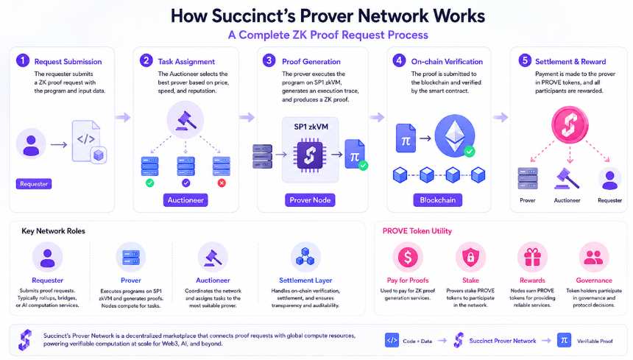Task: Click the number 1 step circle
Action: [x=23, y=61]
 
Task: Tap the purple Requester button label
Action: [x=34, y=184]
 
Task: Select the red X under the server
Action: [x=222, y=183]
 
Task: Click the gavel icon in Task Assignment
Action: [x=185, y=120]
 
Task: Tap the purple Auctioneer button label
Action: [x=185, y=200]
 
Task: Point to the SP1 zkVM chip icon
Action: [x=310, y=155]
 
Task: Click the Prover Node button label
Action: [x=310, y=200]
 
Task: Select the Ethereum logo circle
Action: [x=455, y=136]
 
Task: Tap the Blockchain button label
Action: [x=438, y=200]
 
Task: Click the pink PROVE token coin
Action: [x=570, y=124]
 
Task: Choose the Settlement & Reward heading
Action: [x=570, y=62]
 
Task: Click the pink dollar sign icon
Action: [x=408, y=257]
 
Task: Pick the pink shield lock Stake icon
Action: [x=471, y=257]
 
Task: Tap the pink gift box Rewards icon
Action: [x=532, y=257]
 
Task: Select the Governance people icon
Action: [x=594, y=257]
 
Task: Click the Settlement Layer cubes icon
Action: [x=305, y=257]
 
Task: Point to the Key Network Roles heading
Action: [x=53, y=231]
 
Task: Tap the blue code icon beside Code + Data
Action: [x=392, y=340]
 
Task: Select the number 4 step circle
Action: [x=399, y=61]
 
